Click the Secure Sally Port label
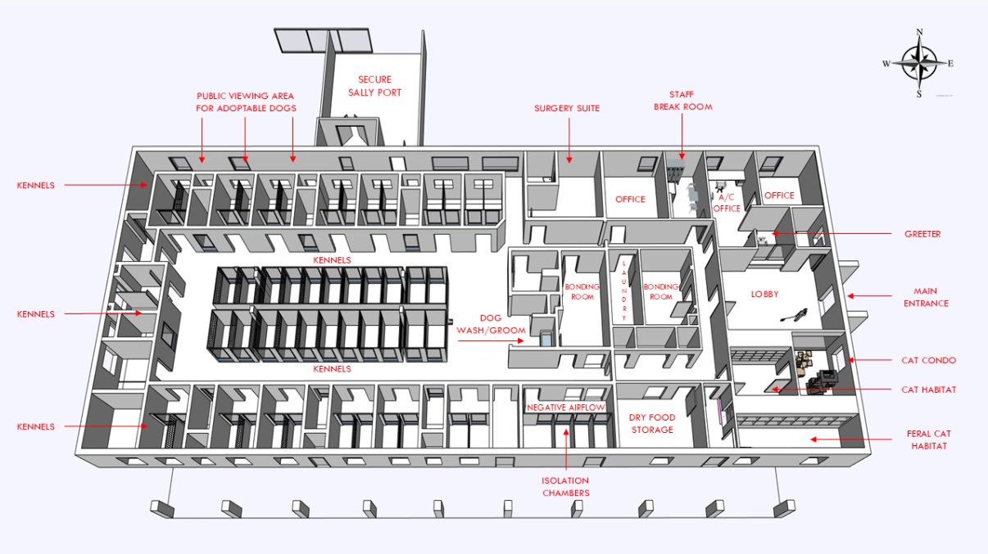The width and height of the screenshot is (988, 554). point(374,86)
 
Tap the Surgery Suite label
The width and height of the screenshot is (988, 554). point(567,108)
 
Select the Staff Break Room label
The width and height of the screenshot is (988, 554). point(682,101)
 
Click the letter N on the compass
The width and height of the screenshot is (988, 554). point(920,32)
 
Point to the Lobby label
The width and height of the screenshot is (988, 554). point(765,294)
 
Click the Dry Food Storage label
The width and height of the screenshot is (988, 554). point(652,424)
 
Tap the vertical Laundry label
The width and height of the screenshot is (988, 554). point(624,290)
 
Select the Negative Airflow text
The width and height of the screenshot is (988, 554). point(565,408)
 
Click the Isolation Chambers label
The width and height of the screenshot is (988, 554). point(566,487)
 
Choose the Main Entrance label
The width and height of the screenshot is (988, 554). point(926,297)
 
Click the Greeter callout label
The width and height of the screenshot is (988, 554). point(922,234)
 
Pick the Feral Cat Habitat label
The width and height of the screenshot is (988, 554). point(929,440)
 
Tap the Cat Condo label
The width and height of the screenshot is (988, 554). point(928,361)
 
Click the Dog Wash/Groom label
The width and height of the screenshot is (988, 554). point(491,324)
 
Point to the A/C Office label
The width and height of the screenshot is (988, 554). point(727,203)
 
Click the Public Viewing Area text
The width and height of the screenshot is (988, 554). point(245,96)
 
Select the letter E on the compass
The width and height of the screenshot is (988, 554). point(950,64)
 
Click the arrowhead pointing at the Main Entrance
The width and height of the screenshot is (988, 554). point(850,296)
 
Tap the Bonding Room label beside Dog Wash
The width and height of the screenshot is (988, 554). point(582,292)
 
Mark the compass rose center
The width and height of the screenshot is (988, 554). point(920,64)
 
